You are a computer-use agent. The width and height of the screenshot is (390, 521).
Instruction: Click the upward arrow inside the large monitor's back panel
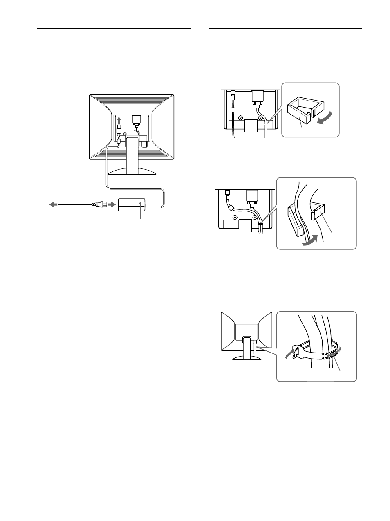(119, 120)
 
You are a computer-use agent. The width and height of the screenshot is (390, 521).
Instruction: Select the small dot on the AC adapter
(140, 203)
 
